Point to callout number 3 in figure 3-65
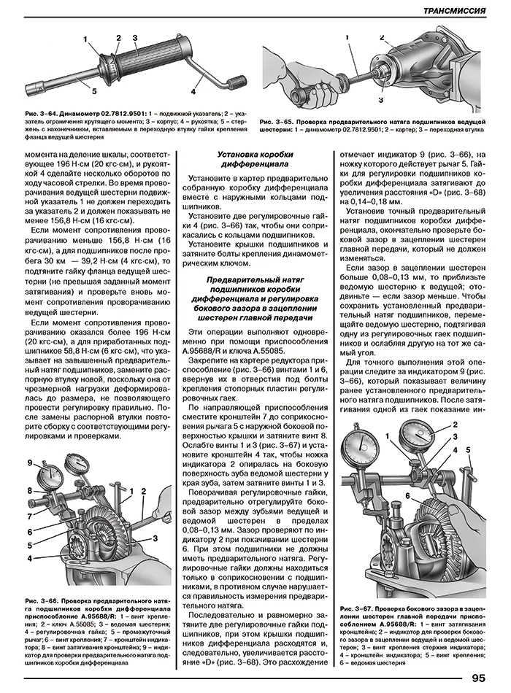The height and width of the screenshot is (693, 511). (381, 99)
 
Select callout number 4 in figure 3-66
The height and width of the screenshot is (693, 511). (30, 559)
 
